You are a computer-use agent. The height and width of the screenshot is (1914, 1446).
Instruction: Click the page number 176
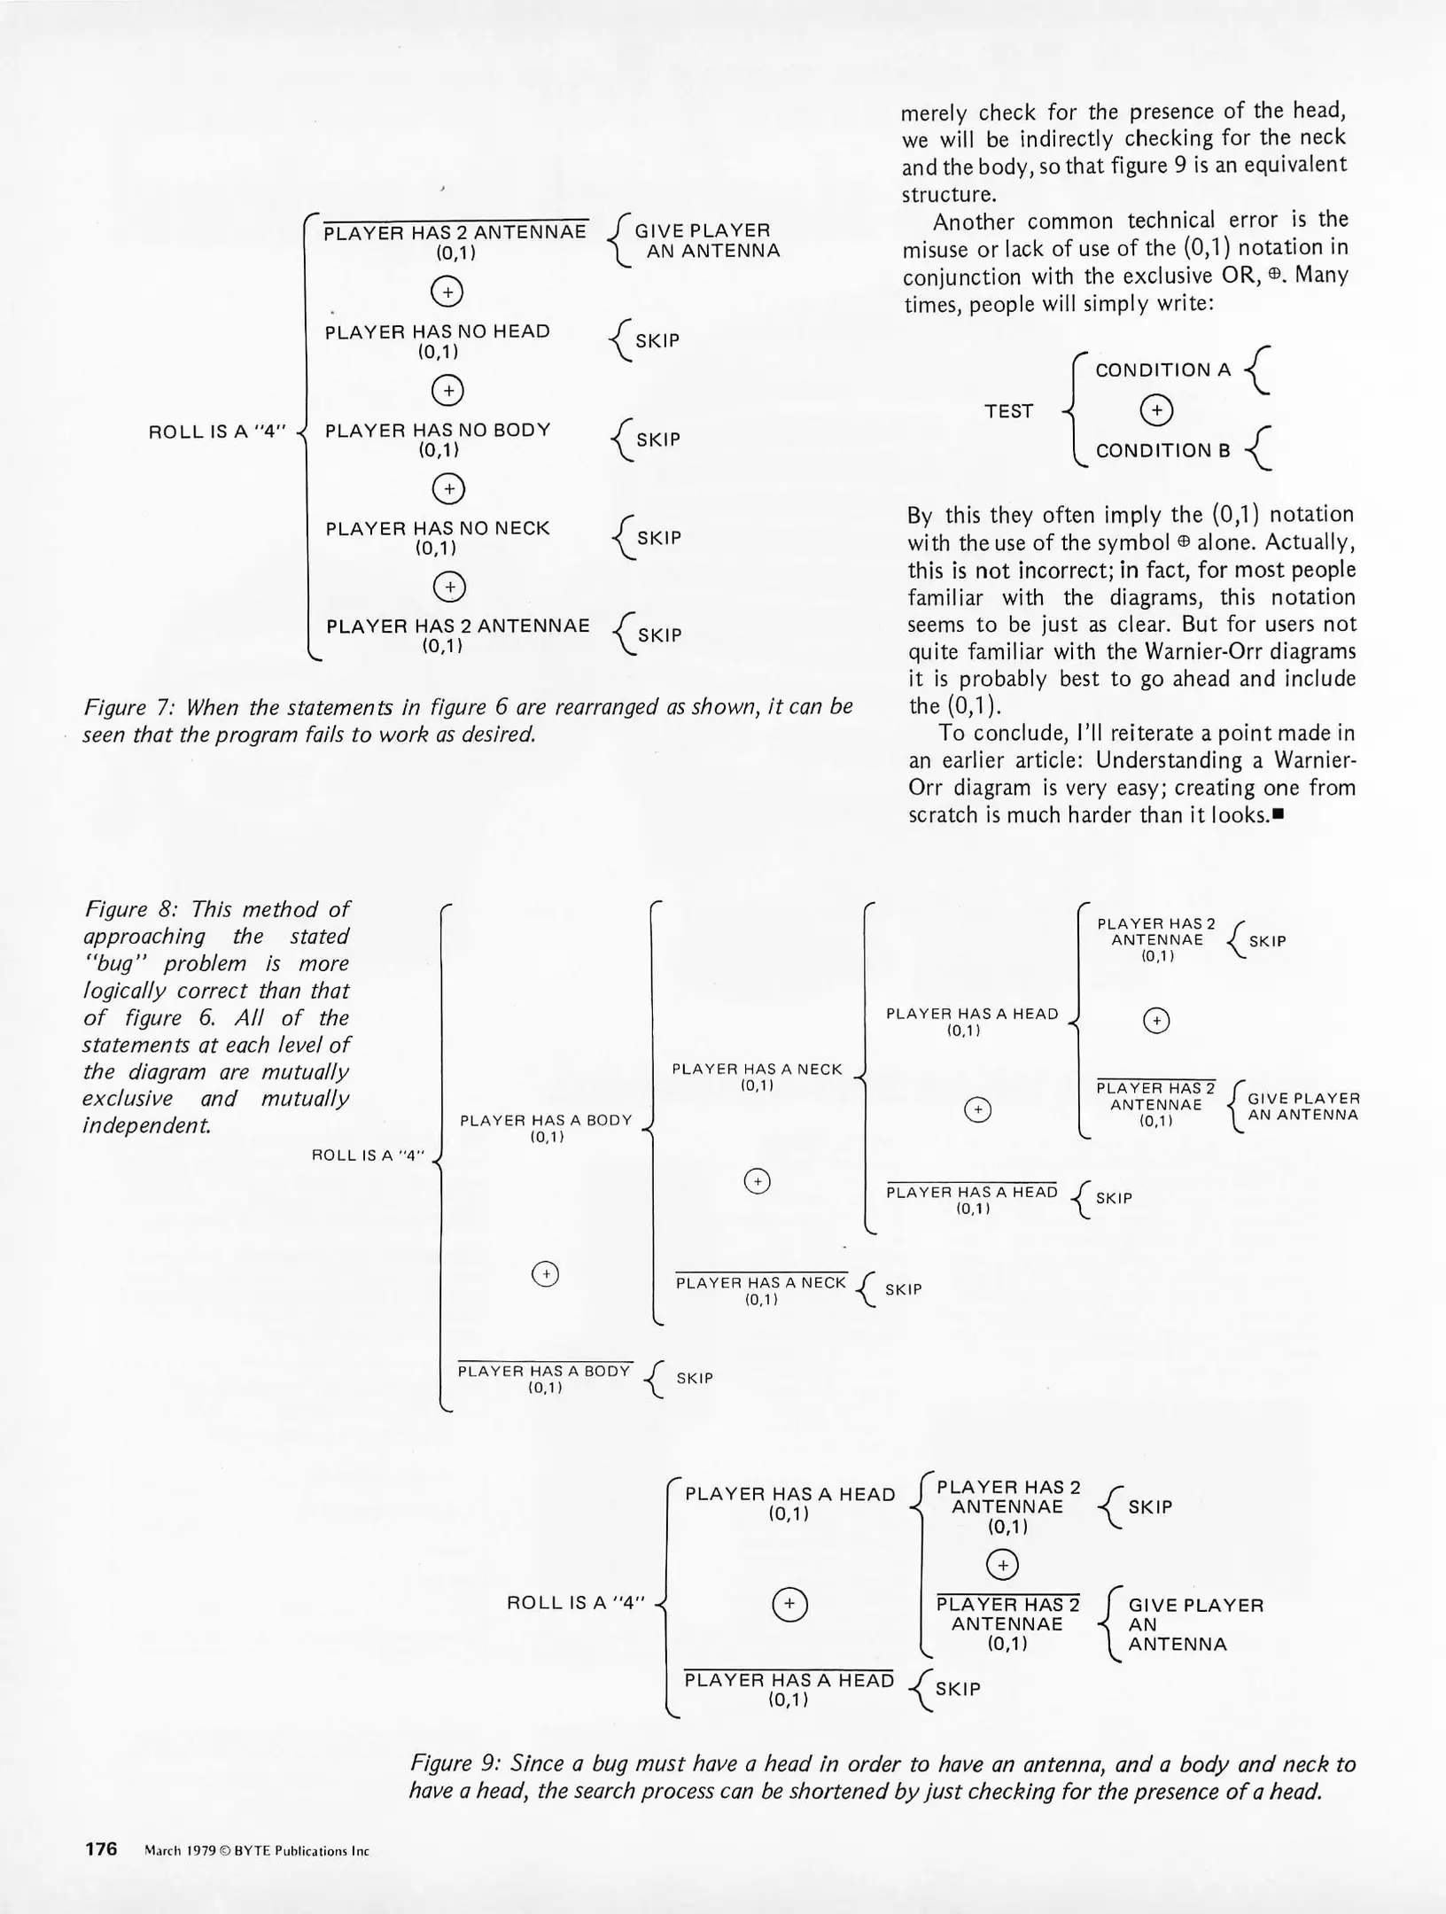pyautogui.click(x=101, y=1848)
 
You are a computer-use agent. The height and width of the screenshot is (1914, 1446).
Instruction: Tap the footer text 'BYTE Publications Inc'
pyautogui.click(x=301, y=1850)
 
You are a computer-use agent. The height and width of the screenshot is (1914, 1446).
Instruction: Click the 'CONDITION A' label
pyautogui.click(x=1162, y=370)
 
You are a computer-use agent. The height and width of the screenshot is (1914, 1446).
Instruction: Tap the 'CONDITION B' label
pyautogui.click(x=1162, y=450)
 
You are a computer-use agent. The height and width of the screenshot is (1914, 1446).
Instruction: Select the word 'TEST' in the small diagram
pyautogui.click(x=1008, y=411)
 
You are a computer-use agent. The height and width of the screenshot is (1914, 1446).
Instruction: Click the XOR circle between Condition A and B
pyautogui.click(x=1156, y=410)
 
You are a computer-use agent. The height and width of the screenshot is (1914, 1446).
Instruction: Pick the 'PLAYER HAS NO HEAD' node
pyautogui.click(x=438, y=331)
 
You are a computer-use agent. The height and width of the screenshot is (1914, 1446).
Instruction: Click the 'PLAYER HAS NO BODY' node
pyautogui.click(x=438, y=430)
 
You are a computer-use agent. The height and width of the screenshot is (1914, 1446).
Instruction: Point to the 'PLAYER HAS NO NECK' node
pyautogui.click(x=438, y=528)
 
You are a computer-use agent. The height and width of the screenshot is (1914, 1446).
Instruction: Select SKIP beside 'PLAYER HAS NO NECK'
pyautogui.click(x=659, y=538)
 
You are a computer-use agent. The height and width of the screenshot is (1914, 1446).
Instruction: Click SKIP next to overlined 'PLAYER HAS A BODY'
pyautogui.click(x=695, y=1378)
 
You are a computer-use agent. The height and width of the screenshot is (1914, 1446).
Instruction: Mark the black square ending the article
pyautogui.click(x=1279, y=814)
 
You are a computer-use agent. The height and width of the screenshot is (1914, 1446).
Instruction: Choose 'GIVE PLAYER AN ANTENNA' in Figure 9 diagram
pyautogui.click(x=1194, y=1624)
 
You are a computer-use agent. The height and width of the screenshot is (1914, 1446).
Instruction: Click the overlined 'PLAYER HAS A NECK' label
pyautogui.click(x=761, y=1282)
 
